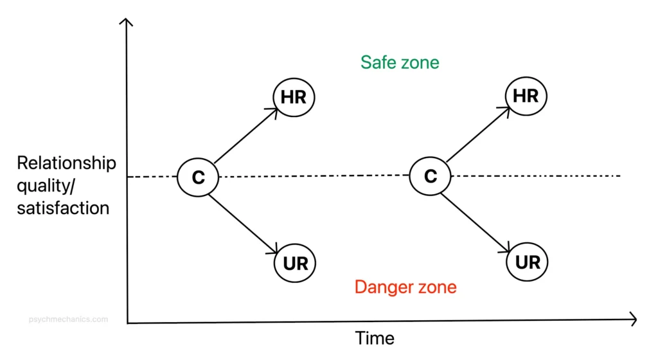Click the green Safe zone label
click(x=400, y=62)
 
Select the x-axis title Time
click(x=375, y=337)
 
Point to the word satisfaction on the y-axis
click(x=63, y=208)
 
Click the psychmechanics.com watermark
click(x=69, y=318)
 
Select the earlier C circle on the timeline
click(x=198, y=177)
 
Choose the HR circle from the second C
click(x=526, y=96)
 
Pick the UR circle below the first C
click(x=295, y=263)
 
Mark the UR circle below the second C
click(x=527, y=262)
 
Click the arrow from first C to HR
click(x=245, y=135)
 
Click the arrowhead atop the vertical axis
click(x=127, y=22)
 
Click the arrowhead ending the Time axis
click(x=633, y=319)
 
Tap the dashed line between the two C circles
click(x=315, y=176)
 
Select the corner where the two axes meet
click(x=128, y=322)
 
